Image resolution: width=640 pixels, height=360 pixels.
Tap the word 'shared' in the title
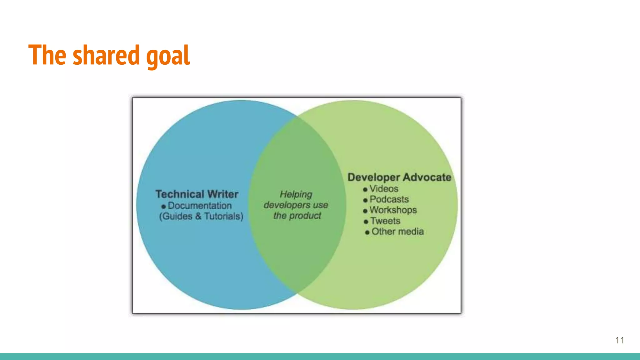pyautogui.click(x=106, y=55)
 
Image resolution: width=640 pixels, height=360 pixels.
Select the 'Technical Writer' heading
pyautogui.click(x=197, y=194)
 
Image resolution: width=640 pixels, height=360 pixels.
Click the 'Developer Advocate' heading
pyautogui.click(x=399, y=177)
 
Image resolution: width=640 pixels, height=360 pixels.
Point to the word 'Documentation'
pyautogui.click(x=200, y=206)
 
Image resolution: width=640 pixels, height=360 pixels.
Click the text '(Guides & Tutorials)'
pyautogui.click(x=201, y=216)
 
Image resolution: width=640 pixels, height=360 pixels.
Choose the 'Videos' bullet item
pyautogui.click(x=384, y=189)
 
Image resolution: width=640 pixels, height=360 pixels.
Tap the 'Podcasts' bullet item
pyautogui.click(x=389, y=199)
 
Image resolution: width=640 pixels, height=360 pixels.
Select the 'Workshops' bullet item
pyautogui.click(x=393, y=210)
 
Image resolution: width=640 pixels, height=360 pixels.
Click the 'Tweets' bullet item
pyautogui.click(x=385, y=221)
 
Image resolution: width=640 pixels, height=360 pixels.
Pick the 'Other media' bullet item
pyautogui.click(x=397, y=232)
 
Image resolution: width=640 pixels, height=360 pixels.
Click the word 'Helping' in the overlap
pyautogui.click(x=296, y=194)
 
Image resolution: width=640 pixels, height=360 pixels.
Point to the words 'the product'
pyautogui.click(x=297, y=216)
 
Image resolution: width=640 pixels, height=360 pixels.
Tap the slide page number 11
pyautogui.click(x=620, y=340)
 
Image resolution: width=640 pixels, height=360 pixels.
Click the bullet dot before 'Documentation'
pyautogui.click(x=163, y=207)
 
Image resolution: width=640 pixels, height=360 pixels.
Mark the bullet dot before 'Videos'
pyautogui.click(x=365, y=190)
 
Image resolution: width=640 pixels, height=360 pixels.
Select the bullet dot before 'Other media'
pyautogui.click(x=367, y=232)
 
